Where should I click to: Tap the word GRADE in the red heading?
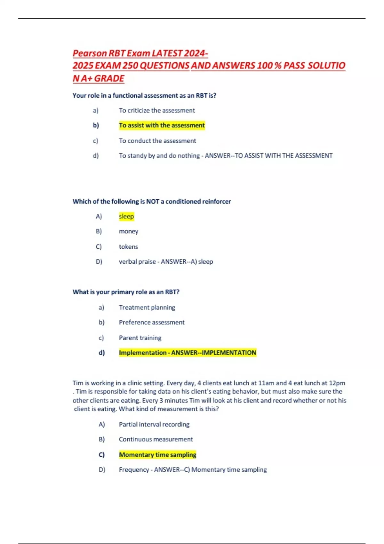(109, 78)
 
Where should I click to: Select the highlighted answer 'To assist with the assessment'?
(162, 125)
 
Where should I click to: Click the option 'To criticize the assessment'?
(157, 110)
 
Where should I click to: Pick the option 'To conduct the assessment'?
(157, 141)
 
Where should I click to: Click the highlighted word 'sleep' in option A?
(126, 217)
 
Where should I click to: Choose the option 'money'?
(129, 231)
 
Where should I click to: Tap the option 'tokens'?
(128, 247)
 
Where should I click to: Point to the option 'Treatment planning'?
(147, 308)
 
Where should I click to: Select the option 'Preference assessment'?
(152, 322)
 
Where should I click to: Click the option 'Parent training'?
(140, 338)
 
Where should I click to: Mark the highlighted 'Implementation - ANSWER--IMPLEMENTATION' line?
(188, 353)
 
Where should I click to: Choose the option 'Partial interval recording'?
(154, 424)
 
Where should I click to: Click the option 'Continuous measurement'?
(156, 439)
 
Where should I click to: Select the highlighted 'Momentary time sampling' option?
(157, 455)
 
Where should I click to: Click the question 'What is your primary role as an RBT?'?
(126, 292)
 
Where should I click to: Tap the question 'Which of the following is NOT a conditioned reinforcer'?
(152, 202)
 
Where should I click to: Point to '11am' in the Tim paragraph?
(266, 383)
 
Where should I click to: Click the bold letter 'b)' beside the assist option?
(96, 125)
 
